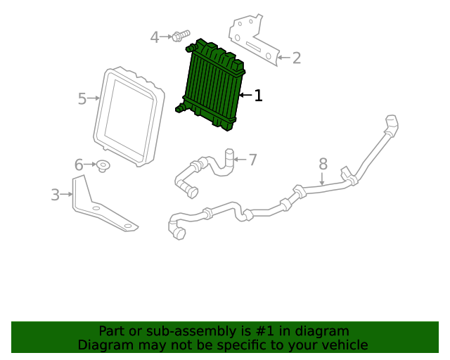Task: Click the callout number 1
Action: (x=259, y=96)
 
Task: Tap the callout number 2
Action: (x=296, y=58)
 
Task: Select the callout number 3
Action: (x=55, y=195)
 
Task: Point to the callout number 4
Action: (x=155, y=37)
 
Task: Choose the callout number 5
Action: (x=82, y=99)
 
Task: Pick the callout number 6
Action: (x=79, y=165)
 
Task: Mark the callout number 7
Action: (x=252, y=160)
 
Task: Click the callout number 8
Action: (x=323, y=164)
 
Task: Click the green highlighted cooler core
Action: (x=213, y=86)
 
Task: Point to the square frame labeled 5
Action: (x=127, y=116)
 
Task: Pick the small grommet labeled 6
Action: (x=103, y=166)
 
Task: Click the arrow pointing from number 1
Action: (x=245, y=95)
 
